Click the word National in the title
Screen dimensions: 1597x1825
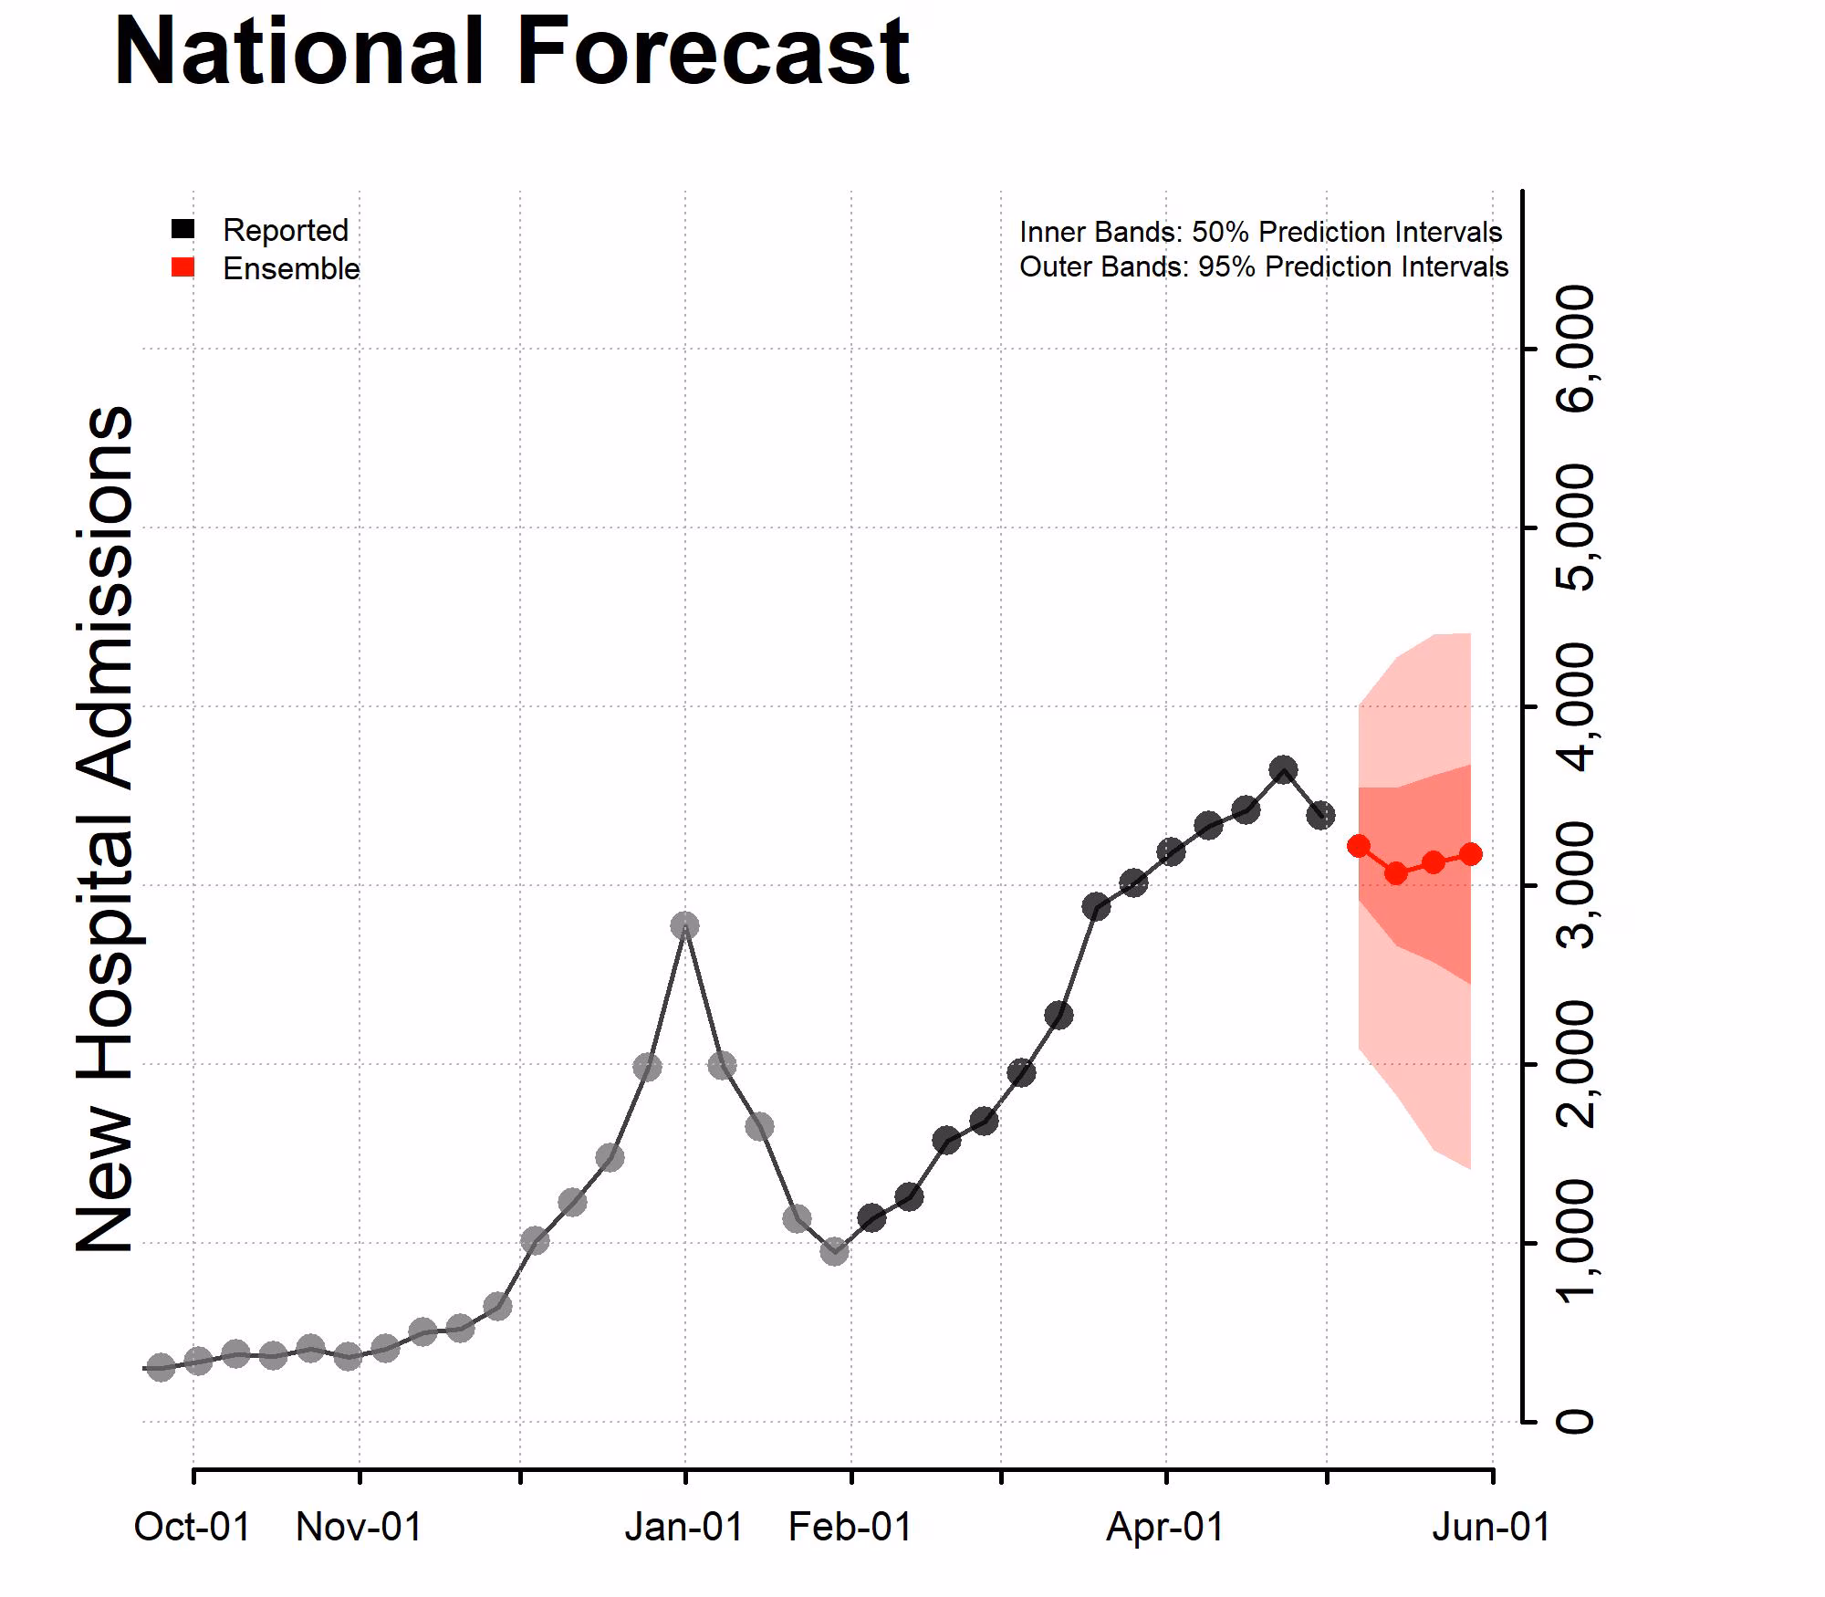click(298, 52)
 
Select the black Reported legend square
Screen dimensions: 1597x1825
click(183, 229)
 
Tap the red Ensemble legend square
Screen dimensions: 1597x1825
click(183, 267)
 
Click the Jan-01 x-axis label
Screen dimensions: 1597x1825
click(684, 1528)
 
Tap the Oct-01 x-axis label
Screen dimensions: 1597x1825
click(193, 1528)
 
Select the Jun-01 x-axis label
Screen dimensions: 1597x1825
click(1491, 1528)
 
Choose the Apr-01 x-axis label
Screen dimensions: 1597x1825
click(1165, 1528)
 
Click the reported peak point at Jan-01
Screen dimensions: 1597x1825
click(684, 926)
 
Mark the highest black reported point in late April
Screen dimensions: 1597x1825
click(1283, 769)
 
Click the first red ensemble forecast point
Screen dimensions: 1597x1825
click(1359, 846)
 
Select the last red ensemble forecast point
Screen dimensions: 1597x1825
click(1471, 854)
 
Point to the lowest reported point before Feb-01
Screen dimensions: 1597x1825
click(834, 1251)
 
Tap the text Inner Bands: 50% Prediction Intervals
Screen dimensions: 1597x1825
click(1260, 232)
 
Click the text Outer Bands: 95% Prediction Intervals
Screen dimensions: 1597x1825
click(1264, 266)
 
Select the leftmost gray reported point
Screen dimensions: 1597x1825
click(161, 1367)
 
